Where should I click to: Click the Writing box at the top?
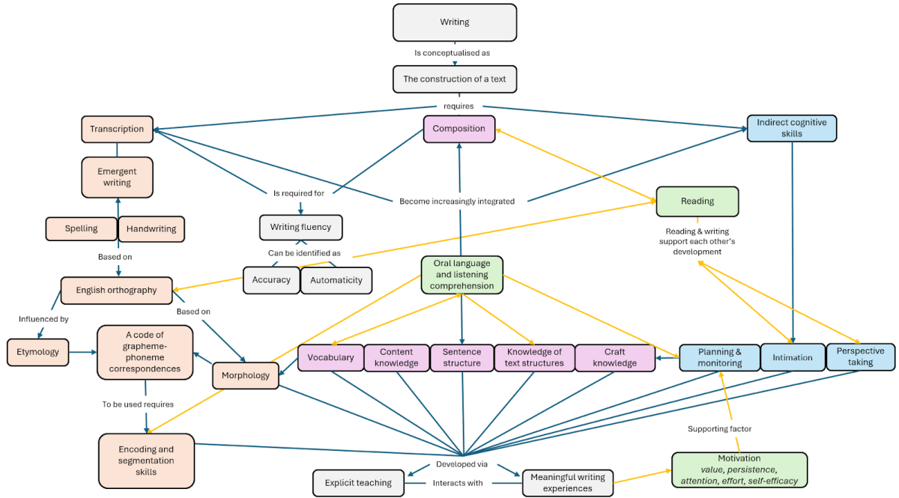pos(455,22)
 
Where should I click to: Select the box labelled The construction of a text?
pos(455,79)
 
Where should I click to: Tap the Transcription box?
pos(117,129)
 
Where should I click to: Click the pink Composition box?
pos(459,129)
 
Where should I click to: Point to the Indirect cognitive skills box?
pos(791,128)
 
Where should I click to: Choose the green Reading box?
pos(697,201)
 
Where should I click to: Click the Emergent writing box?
pos(117,177)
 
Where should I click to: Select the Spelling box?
pos(81,228)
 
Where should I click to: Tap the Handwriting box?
pos(151,228)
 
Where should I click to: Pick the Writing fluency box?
pos(300,227)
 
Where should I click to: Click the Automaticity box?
pos(336,280)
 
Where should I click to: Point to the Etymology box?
pos(37,351)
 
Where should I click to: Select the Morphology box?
pos(246,376)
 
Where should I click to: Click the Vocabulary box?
pos(330,357)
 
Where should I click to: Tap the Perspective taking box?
pos(860,356)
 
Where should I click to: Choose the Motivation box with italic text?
pos(739,470)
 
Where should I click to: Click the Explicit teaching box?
pos(358,483)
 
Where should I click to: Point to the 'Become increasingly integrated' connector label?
pos(457,201)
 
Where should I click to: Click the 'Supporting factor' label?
pos(719,429)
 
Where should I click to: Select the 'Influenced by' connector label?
pos(43,319)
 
